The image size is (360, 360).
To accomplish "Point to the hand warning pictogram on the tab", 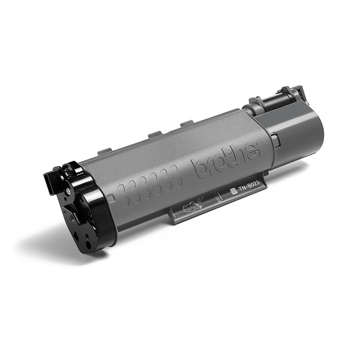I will point(191,208).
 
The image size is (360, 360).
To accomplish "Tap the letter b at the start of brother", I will point(199,170).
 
